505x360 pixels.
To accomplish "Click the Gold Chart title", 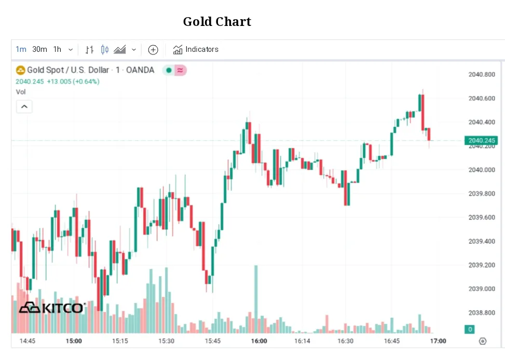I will click(217, 22).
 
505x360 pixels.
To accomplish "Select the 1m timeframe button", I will click(21, 49).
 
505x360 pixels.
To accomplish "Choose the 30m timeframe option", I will click(39, 49).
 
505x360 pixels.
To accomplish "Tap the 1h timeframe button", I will click(57, 49).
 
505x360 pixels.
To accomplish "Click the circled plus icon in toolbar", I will click(153, 50).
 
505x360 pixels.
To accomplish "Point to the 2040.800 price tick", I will click(482, 75).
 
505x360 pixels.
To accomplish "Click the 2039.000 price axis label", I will click(482, 289).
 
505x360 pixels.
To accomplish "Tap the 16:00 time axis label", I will click(259, 341).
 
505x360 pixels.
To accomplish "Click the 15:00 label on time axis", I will click(74, 341).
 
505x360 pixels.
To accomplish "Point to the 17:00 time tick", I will click(439, 341).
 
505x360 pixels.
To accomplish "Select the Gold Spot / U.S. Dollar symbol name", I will click(68, 70).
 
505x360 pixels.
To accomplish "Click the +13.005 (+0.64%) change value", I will click(73, 81).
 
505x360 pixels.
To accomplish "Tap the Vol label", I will click(21, 92).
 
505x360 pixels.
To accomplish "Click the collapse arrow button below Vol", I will click(24, 107).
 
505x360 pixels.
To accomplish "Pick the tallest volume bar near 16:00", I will click(256, 298).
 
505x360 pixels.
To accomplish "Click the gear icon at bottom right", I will click(483, 341).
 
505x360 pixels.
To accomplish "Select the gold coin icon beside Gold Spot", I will click(21, 70).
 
